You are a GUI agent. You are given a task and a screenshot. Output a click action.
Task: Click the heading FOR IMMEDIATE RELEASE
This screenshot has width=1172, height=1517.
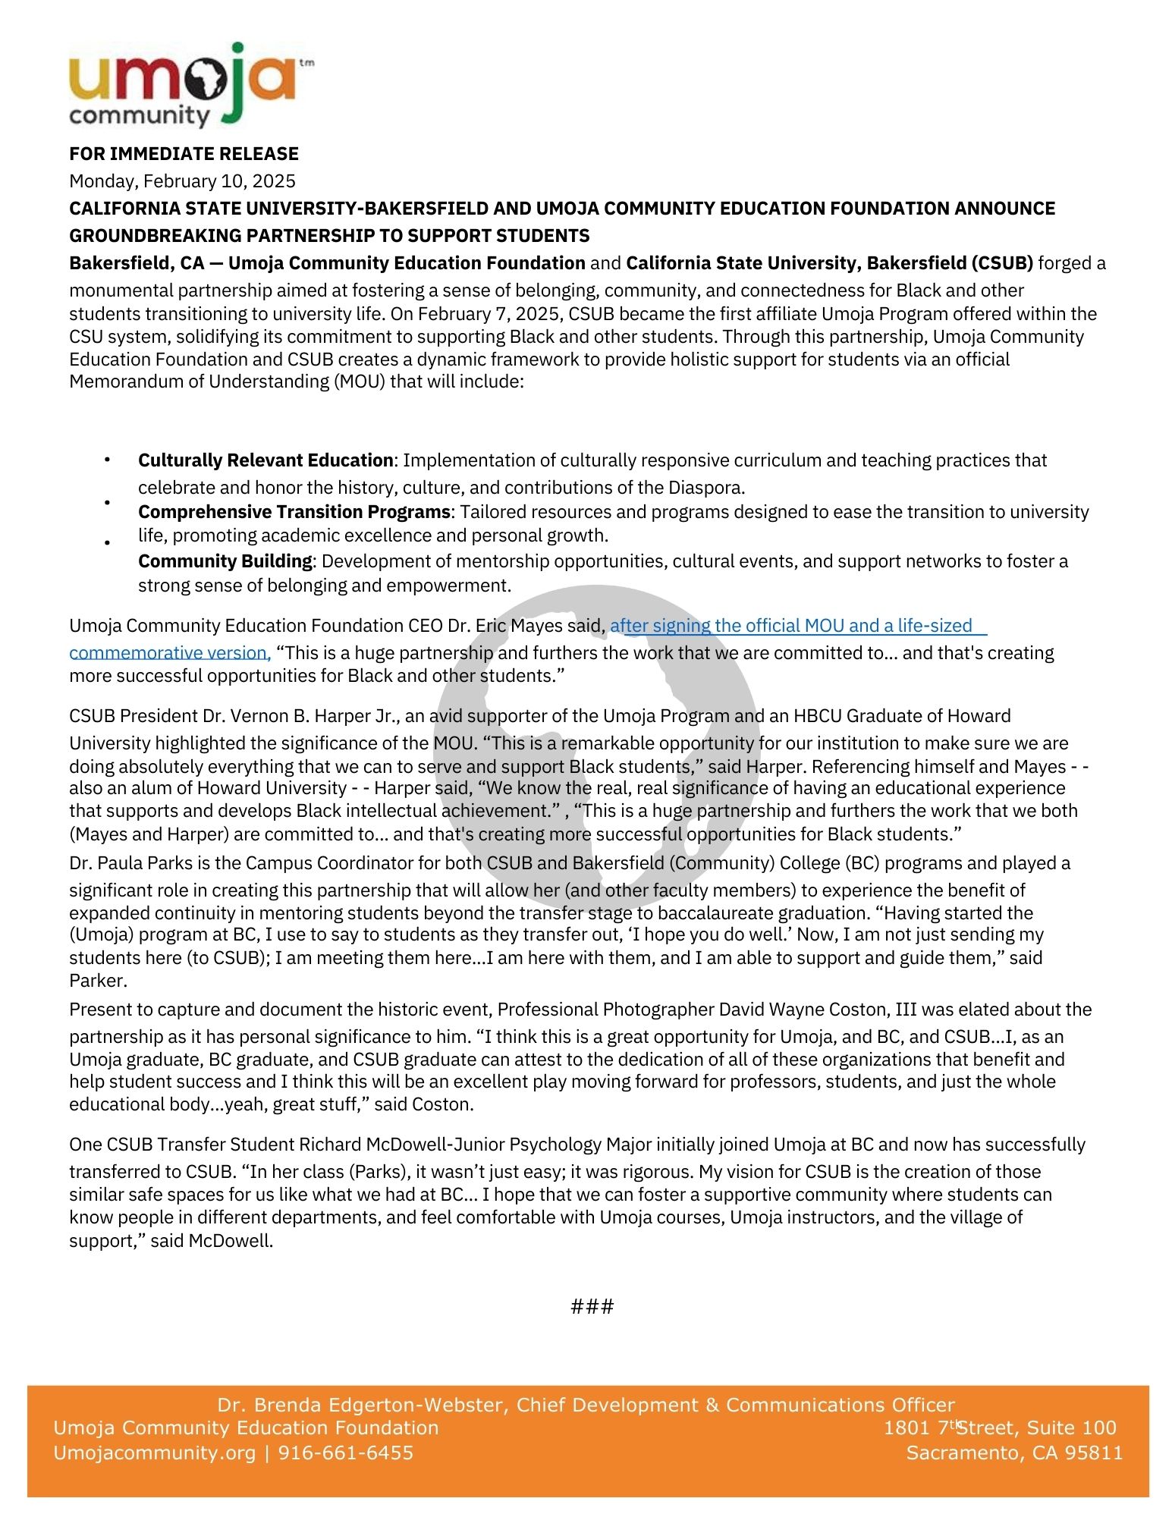point(184,154)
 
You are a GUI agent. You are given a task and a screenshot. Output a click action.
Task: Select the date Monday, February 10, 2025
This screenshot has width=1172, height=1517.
point(182,181)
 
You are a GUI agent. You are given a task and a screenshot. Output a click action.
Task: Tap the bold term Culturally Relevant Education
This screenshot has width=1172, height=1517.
point(266,460)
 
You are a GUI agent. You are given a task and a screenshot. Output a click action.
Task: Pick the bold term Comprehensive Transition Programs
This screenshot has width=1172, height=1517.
point(294,512)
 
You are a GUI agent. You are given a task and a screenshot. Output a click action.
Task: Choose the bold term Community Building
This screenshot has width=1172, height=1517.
point(225,561)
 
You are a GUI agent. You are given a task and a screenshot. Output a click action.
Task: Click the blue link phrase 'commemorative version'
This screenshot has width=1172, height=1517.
point(169,653)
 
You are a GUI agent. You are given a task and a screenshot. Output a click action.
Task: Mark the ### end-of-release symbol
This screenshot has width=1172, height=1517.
point(592,1306)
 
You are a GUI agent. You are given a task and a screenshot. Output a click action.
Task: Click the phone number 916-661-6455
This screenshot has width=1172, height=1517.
point(346,1453)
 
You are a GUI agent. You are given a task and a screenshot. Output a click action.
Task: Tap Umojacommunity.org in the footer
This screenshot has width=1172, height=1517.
point(155,1453)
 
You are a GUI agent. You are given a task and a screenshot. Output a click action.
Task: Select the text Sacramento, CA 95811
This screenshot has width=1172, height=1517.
point(1014,1453)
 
